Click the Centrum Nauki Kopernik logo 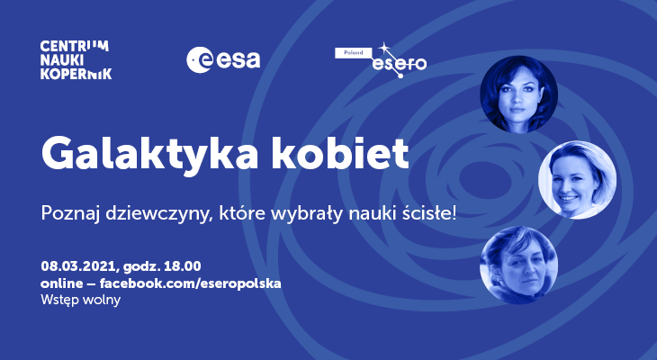click(x=76, y=60)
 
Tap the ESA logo click(x=223, y=60)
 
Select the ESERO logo click(x=381, y=60)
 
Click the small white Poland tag click(x=353, y=53)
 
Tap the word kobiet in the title click(x=340, y=152)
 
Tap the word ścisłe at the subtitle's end click(x=430, y=213)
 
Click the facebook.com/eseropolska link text click(x=190, y=283)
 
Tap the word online click(x=61, y=283)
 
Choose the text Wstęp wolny click(x=80, y=300)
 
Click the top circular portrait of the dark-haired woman click(x=518, y=94)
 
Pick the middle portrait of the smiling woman click(x=578, y=180)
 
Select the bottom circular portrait click(x=518, y=265)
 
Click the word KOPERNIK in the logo click(x=76, y=73)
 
